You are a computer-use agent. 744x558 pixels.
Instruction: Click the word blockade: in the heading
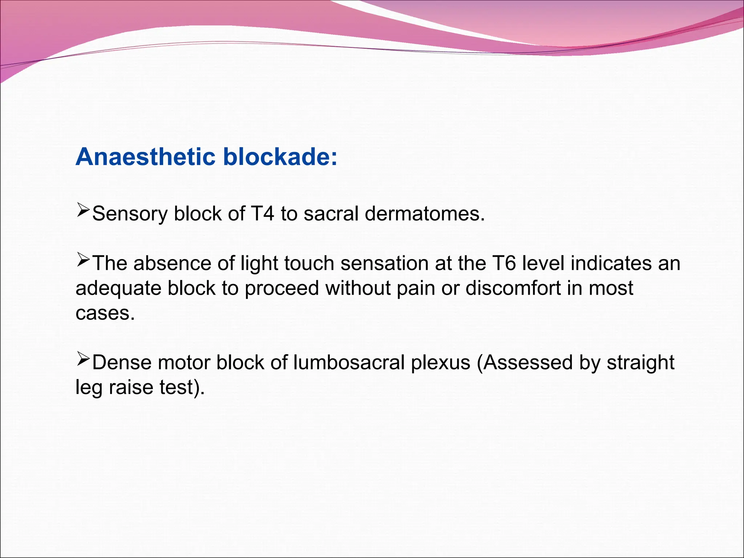click(x=280, y=157)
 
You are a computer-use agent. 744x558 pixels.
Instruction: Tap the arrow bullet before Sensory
click(x=83, y=210)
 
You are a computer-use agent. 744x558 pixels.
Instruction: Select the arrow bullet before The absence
click(x=83, y=260)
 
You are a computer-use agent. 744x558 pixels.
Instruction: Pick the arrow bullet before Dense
click(x=83, y=359)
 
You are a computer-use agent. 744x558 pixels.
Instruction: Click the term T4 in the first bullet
click(x=262, y=214)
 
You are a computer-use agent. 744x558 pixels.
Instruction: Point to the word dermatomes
click(x=425, y=214)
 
